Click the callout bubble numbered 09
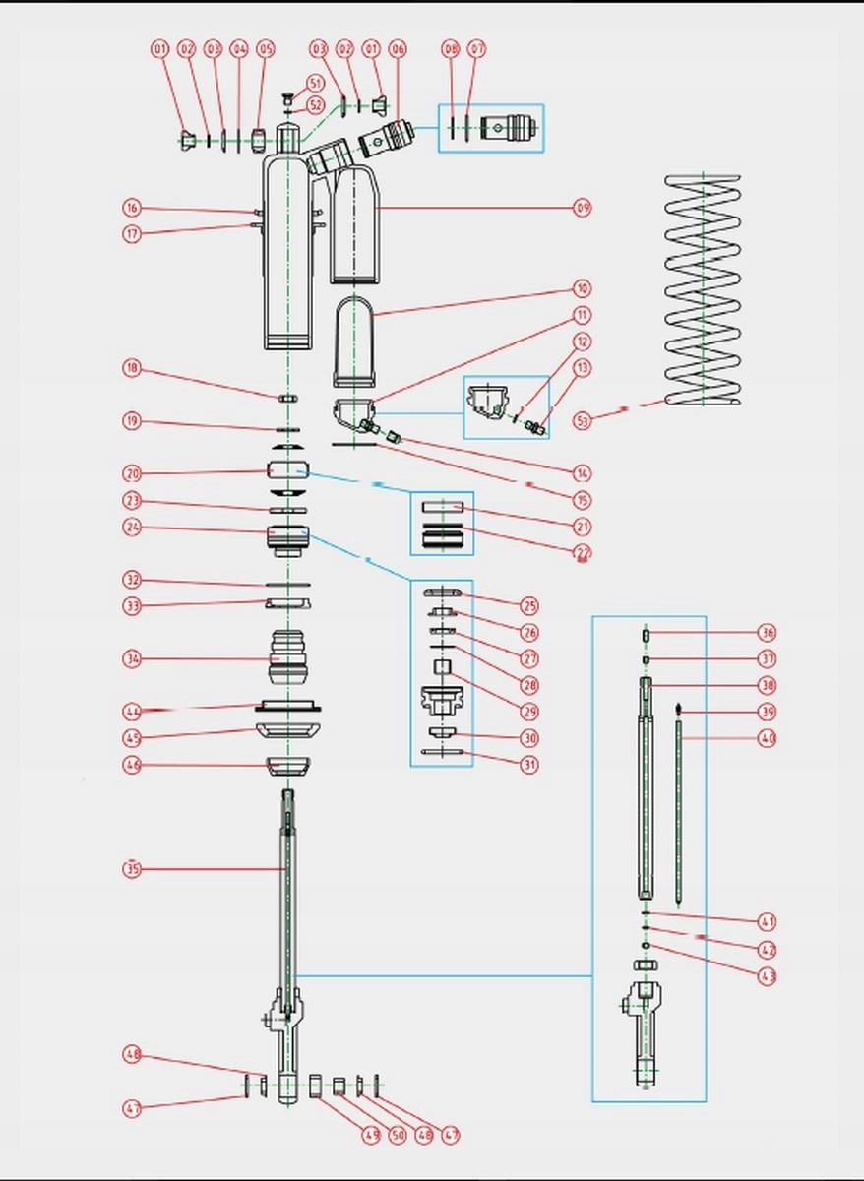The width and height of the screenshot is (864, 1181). pyautogui.click(x=583, y=209)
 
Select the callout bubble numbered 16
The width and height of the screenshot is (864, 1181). pyautogui.click(x=132, y=208)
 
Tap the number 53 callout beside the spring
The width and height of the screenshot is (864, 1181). pyautogui.click(x=584, y=421)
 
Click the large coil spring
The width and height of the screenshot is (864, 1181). pyautogui.click(x=703, y=290)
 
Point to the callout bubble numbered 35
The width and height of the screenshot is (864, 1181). pyautogui.click(x=132, y=869)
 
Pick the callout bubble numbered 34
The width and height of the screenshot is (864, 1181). pyautogui.click(x=132, y=658)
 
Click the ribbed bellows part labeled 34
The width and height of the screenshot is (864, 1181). pyautogui.click(x=287, y=656)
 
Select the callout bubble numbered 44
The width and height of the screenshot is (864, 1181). pyautogui.click(x=132, y=711)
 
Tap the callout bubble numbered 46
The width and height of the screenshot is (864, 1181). pyautogui.click(x=132, y=765)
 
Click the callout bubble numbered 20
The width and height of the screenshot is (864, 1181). pyautogui.click(x=132, y=473)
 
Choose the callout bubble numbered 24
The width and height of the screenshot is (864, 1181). pyautogui.click(x=132, y=528)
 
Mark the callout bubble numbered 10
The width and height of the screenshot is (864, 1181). pyautogui.click(x=583, y=289)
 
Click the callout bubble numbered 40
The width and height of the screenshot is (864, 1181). pyautogui.click(x=768, y=738)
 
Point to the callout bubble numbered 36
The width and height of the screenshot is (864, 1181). pyautogui.click(x=768, y=633)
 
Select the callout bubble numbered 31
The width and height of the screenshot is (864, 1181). pyautogui.click(x=530, y=765)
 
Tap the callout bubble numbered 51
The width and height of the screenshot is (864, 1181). pyautogui.click(x=315, y=83)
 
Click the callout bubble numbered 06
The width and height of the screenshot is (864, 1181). pyautogui.click(x=398, y=48)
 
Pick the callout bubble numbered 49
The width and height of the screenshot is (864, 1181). pyautogui.click(x=370, y=1135)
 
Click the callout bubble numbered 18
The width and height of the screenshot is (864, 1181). pyautogui.click(x=132, y=369)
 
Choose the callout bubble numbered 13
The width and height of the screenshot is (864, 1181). pyautogui.click(x=583, y=368)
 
